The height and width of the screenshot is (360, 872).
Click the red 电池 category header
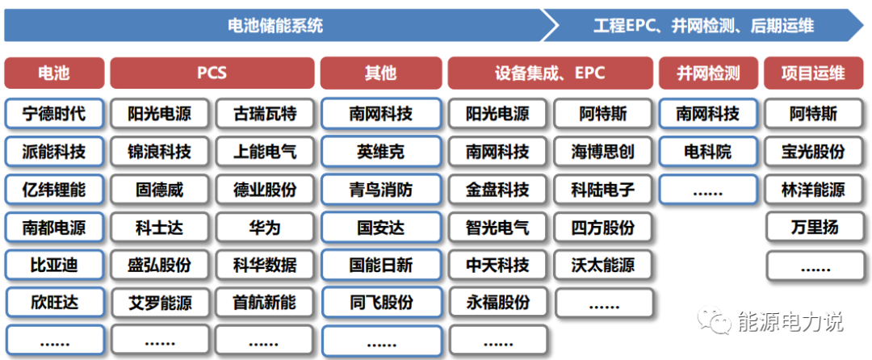pos(54,73)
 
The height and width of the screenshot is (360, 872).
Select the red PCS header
pos(212,73)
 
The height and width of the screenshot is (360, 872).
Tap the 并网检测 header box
pos(708,73)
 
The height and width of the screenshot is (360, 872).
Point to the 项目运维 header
pos(812,73)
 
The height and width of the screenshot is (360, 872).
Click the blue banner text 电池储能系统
pos(275,26)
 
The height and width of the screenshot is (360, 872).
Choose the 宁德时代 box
pos(54,114)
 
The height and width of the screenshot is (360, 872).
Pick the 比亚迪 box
pos(54,265)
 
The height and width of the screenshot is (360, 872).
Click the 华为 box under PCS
pos(264,228)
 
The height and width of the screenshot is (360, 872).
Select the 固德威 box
pos(159,190)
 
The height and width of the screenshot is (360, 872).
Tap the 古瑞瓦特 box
pos(264,114)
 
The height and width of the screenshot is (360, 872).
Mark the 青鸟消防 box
pos(380,190)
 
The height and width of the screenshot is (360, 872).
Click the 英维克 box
pos(380,152)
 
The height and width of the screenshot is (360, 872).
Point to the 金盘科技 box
pos(497,190)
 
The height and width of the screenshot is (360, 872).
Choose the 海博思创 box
pos(603,152)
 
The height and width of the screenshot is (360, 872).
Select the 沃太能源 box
pos(603,265)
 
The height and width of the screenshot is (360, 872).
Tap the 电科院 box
pos(708,152)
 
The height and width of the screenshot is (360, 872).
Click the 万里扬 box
pos(812,228)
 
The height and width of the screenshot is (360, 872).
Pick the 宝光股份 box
pos(812,152)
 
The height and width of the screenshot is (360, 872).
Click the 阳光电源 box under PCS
pos(159,114)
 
